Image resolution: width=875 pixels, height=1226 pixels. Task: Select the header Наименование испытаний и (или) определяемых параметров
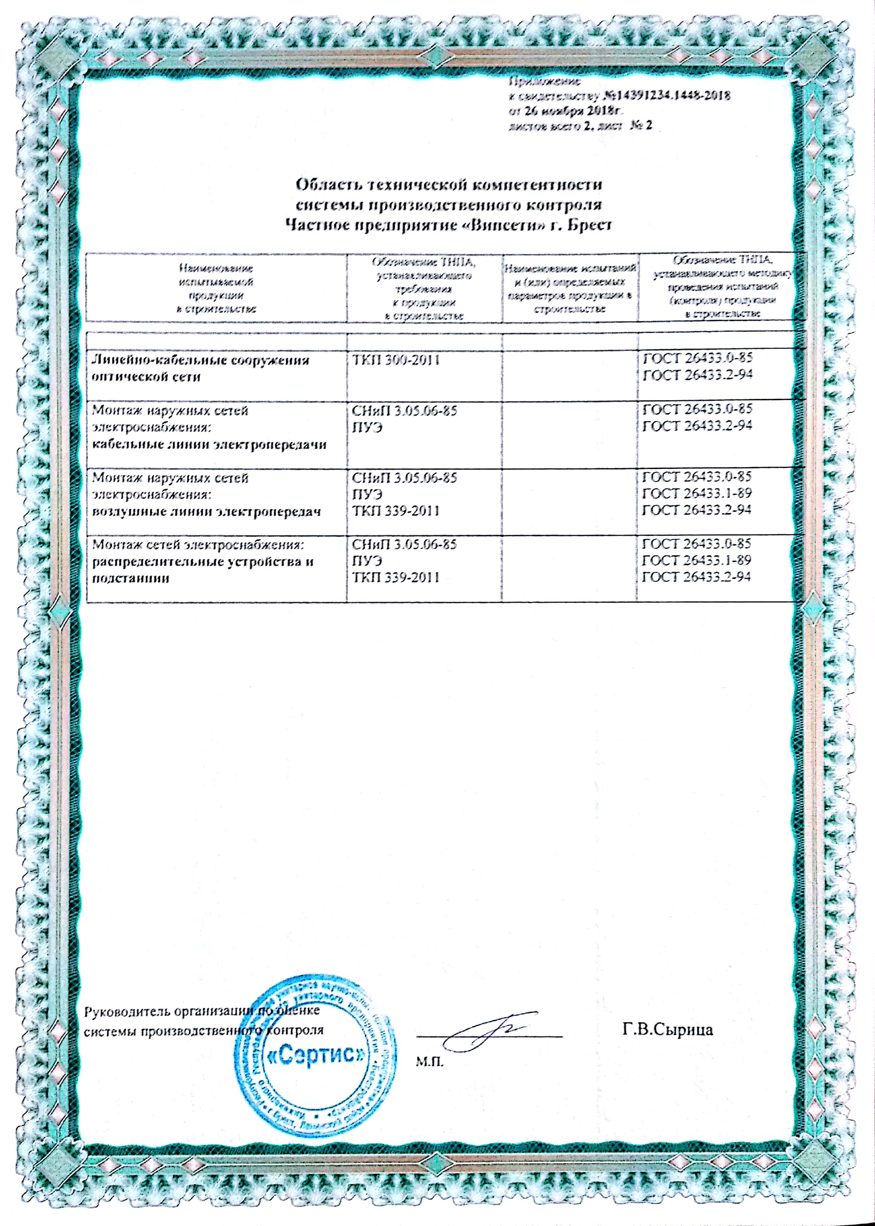tap(570, 288)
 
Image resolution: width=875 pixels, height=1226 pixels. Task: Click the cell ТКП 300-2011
tap(396, 360)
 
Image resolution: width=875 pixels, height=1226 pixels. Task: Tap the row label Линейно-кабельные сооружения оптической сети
tap(201, 368)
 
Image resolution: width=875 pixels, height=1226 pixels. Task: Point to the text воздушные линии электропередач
tap(206, 511)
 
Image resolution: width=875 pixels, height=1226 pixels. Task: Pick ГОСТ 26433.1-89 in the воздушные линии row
tap(697, 493)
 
